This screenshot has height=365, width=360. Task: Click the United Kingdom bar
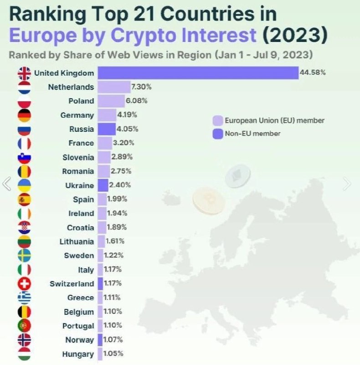(198, 73)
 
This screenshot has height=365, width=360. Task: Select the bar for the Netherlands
(113, 87)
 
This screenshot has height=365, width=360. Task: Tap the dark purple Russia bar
(106, 129)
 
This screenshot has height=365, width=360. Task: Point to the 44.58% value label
(313, 73)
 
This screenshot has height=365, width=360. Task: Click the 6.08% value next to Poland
(137, 101)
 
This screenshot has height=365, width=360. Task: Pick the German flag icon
(24, 115)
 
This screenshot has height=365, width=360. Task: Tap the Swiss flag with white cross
(24, 284)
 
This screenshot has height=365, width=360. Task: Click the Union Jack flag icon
(24, 73)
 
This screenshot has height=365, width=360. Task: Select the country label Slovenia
(78, 157)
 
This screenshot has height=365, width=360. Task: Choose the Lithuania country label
(77, 241)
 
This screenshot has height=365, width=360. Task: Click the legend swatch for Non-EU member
(217, 134)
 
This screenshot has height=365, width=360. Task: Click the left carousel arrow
(6, 184)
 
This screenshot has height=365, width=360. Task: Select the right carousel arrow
(347, 184)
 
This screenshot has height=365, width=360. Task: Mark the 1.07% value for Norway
(113, 340)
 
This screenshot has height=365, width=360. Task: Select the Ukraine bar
(103, 185)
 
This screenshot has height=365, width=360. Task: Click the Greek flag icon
(24, 298)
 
